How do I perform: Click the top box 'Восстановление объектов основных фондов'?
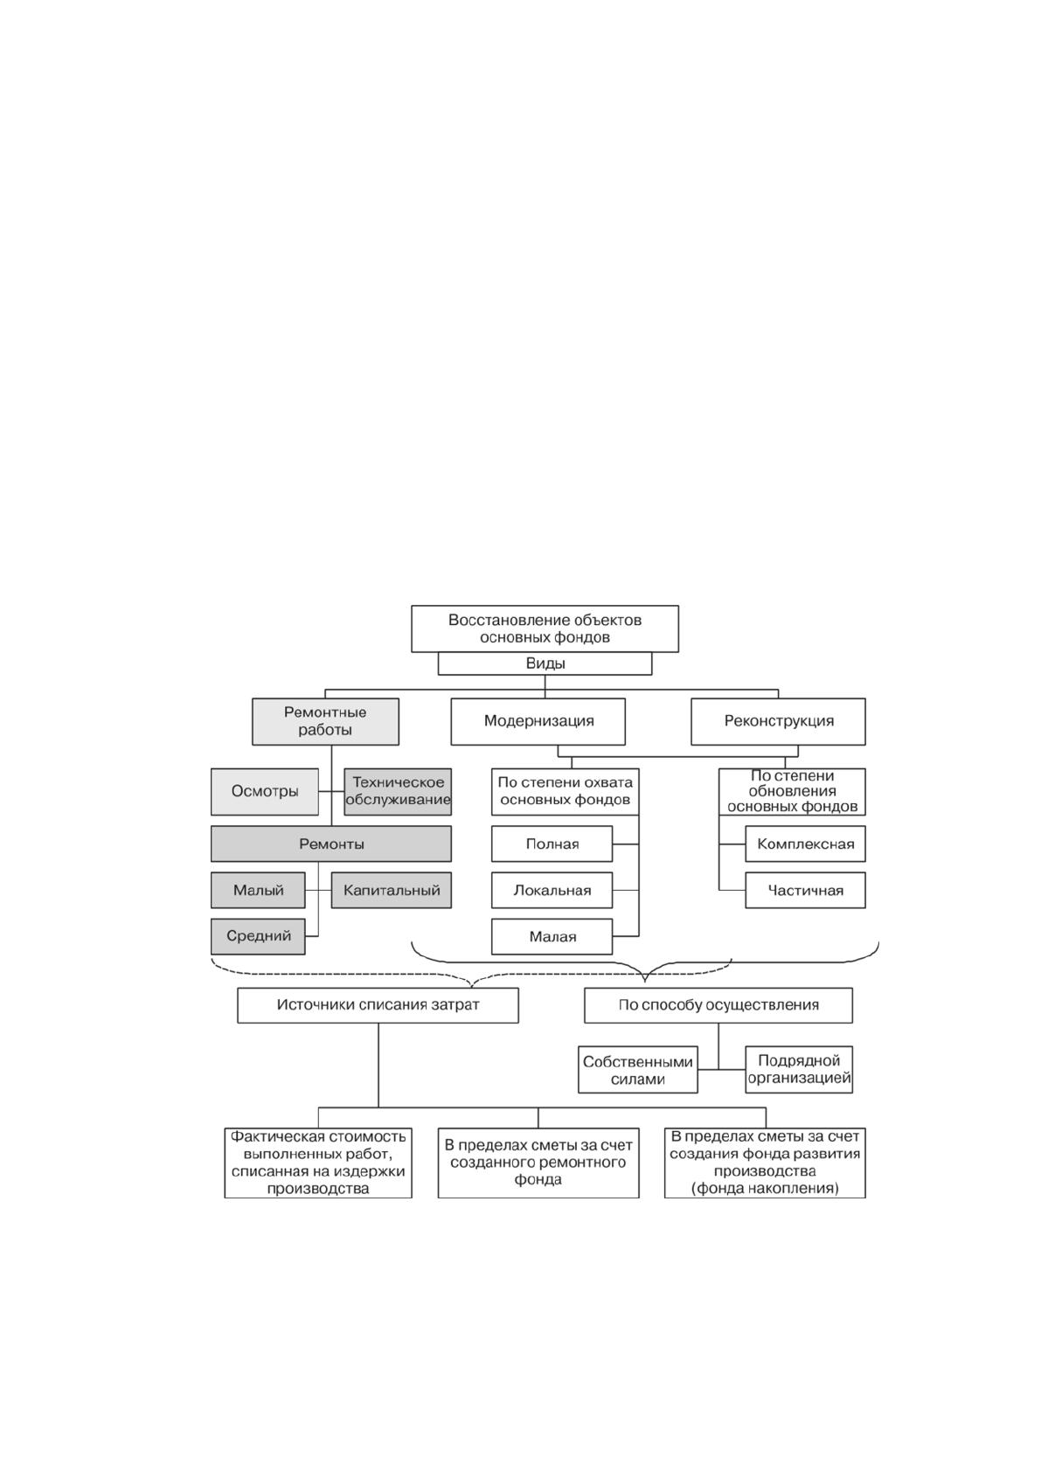coord(545,628)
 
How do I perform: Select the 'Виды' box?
coord(545,663)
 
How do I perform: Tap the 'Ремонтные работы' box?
coord(325,721)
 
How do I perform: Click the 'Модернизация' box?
coord(538,721)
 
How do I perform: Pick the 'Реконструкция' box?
coord(778,721)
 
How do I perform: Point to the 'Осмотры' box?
coord(265,791)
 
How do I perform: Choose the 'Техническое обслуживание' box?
coord(398,791)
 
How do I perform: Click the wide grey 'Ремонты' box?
coord(331,844)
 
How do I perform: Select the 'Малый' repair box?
coord(258,890)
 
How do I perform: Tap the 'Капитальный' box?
coord(391,890)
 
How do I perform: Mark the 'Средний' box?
coord(258,936)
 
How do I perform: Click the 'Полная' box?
coord(552,844)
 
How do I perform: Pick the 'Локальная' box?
coord(552,890)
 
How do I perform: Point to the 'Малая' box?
coord(552,936)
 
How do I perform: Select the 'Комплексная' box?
coord(805,844)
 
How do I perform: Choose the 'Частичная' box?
coord(805,890)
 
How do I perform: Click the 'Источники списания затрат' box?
coord(378,1004)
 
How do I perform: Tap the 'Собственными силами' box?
coord(637,1070)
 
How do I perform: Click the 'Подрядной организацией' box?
coord(799,1070)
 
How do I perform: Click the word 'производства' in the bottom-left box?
coord(318,1188)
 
